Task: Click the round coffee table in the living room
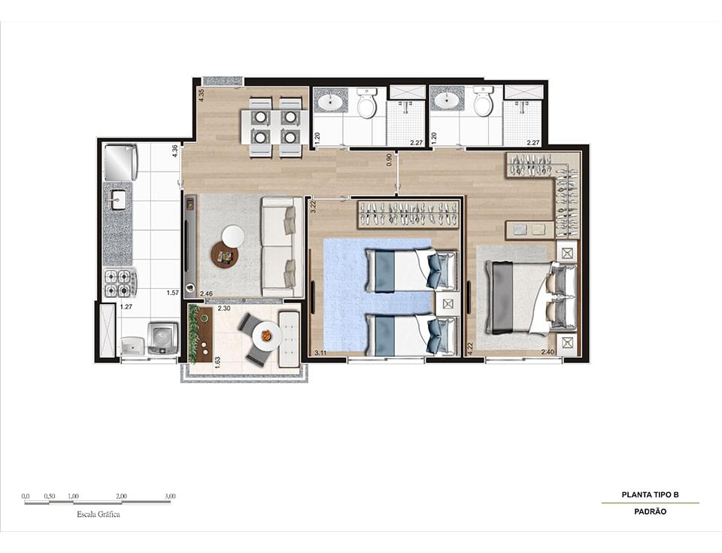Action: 224,254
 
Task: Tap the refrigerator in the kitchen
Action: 120,163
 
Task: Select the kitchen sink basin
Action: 118,200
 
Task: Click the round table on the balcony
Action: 266,336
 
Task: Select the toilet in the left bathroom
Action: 366,104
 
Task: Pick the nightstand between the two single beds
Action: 448,304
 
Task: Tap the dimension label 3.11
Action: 320,352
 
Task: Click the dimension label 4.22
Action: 469,348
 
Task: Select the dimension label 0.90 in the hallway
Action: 390,160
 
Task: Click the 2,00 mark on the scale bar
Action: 122,497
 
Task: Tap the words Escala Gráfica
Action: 99,515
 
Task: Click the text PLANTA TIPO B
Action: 650,494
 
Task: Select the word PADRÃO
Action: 650,512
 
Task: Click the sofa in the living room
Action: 278,247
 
